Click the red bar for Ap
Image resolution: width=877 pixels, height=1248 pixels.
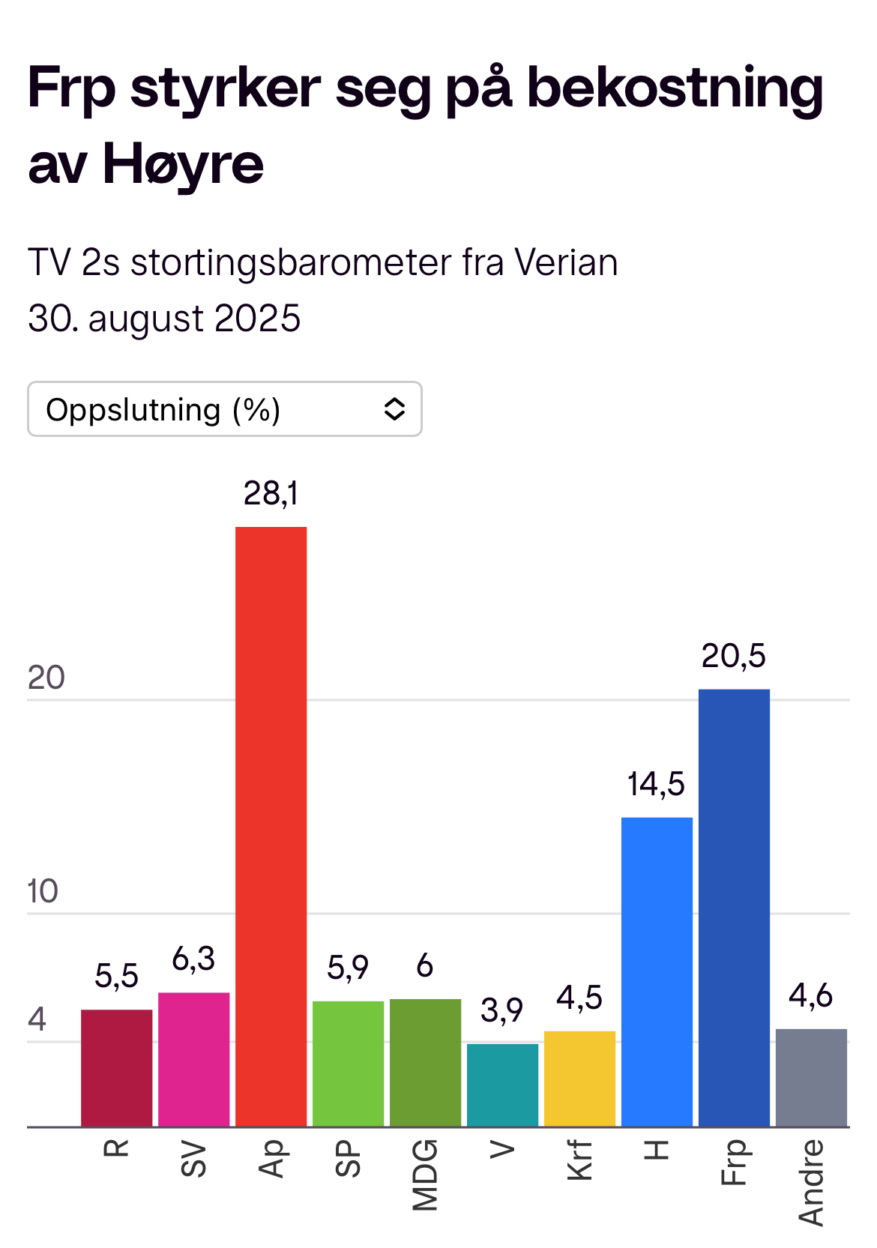point(271,825)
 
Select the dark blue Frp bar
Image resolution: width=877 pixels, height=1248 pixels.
point(734,907)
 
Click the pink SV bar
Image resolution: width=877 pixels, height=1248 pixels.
point(193,1058)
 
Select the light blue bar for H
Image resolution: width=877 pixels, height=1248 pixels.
point(657,971)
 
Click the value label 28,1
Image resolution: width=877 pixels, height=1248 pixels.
point(271,493)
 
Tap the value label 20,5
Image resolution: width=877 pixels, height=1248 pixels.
point(733,656)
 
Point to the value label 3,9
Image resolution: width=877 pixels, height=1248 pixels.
point(501,1010)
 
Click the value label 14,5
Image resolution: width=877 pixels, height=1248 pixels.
point(656,784)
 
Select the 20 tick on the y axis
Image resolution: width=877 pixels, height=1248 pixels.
point(46,678)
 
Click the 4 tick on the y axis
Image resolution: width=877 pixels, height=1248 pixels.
point(37,1019)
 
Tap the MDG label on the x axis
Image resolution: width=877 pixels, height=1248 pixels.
point(425,1175)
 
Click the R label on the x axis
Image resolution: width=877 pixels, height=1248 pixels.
point(116,1148)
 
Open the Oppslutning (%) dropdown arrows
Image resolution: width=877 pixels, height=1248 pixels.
point(394,409)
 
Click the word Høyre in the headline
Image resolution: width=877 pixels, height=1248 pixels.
point(183,163)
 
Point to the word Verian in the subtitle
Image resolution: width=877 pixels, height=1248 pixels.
point(566,263)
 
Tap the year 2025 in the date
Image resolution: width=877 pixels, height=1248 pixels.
point(257,319)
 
